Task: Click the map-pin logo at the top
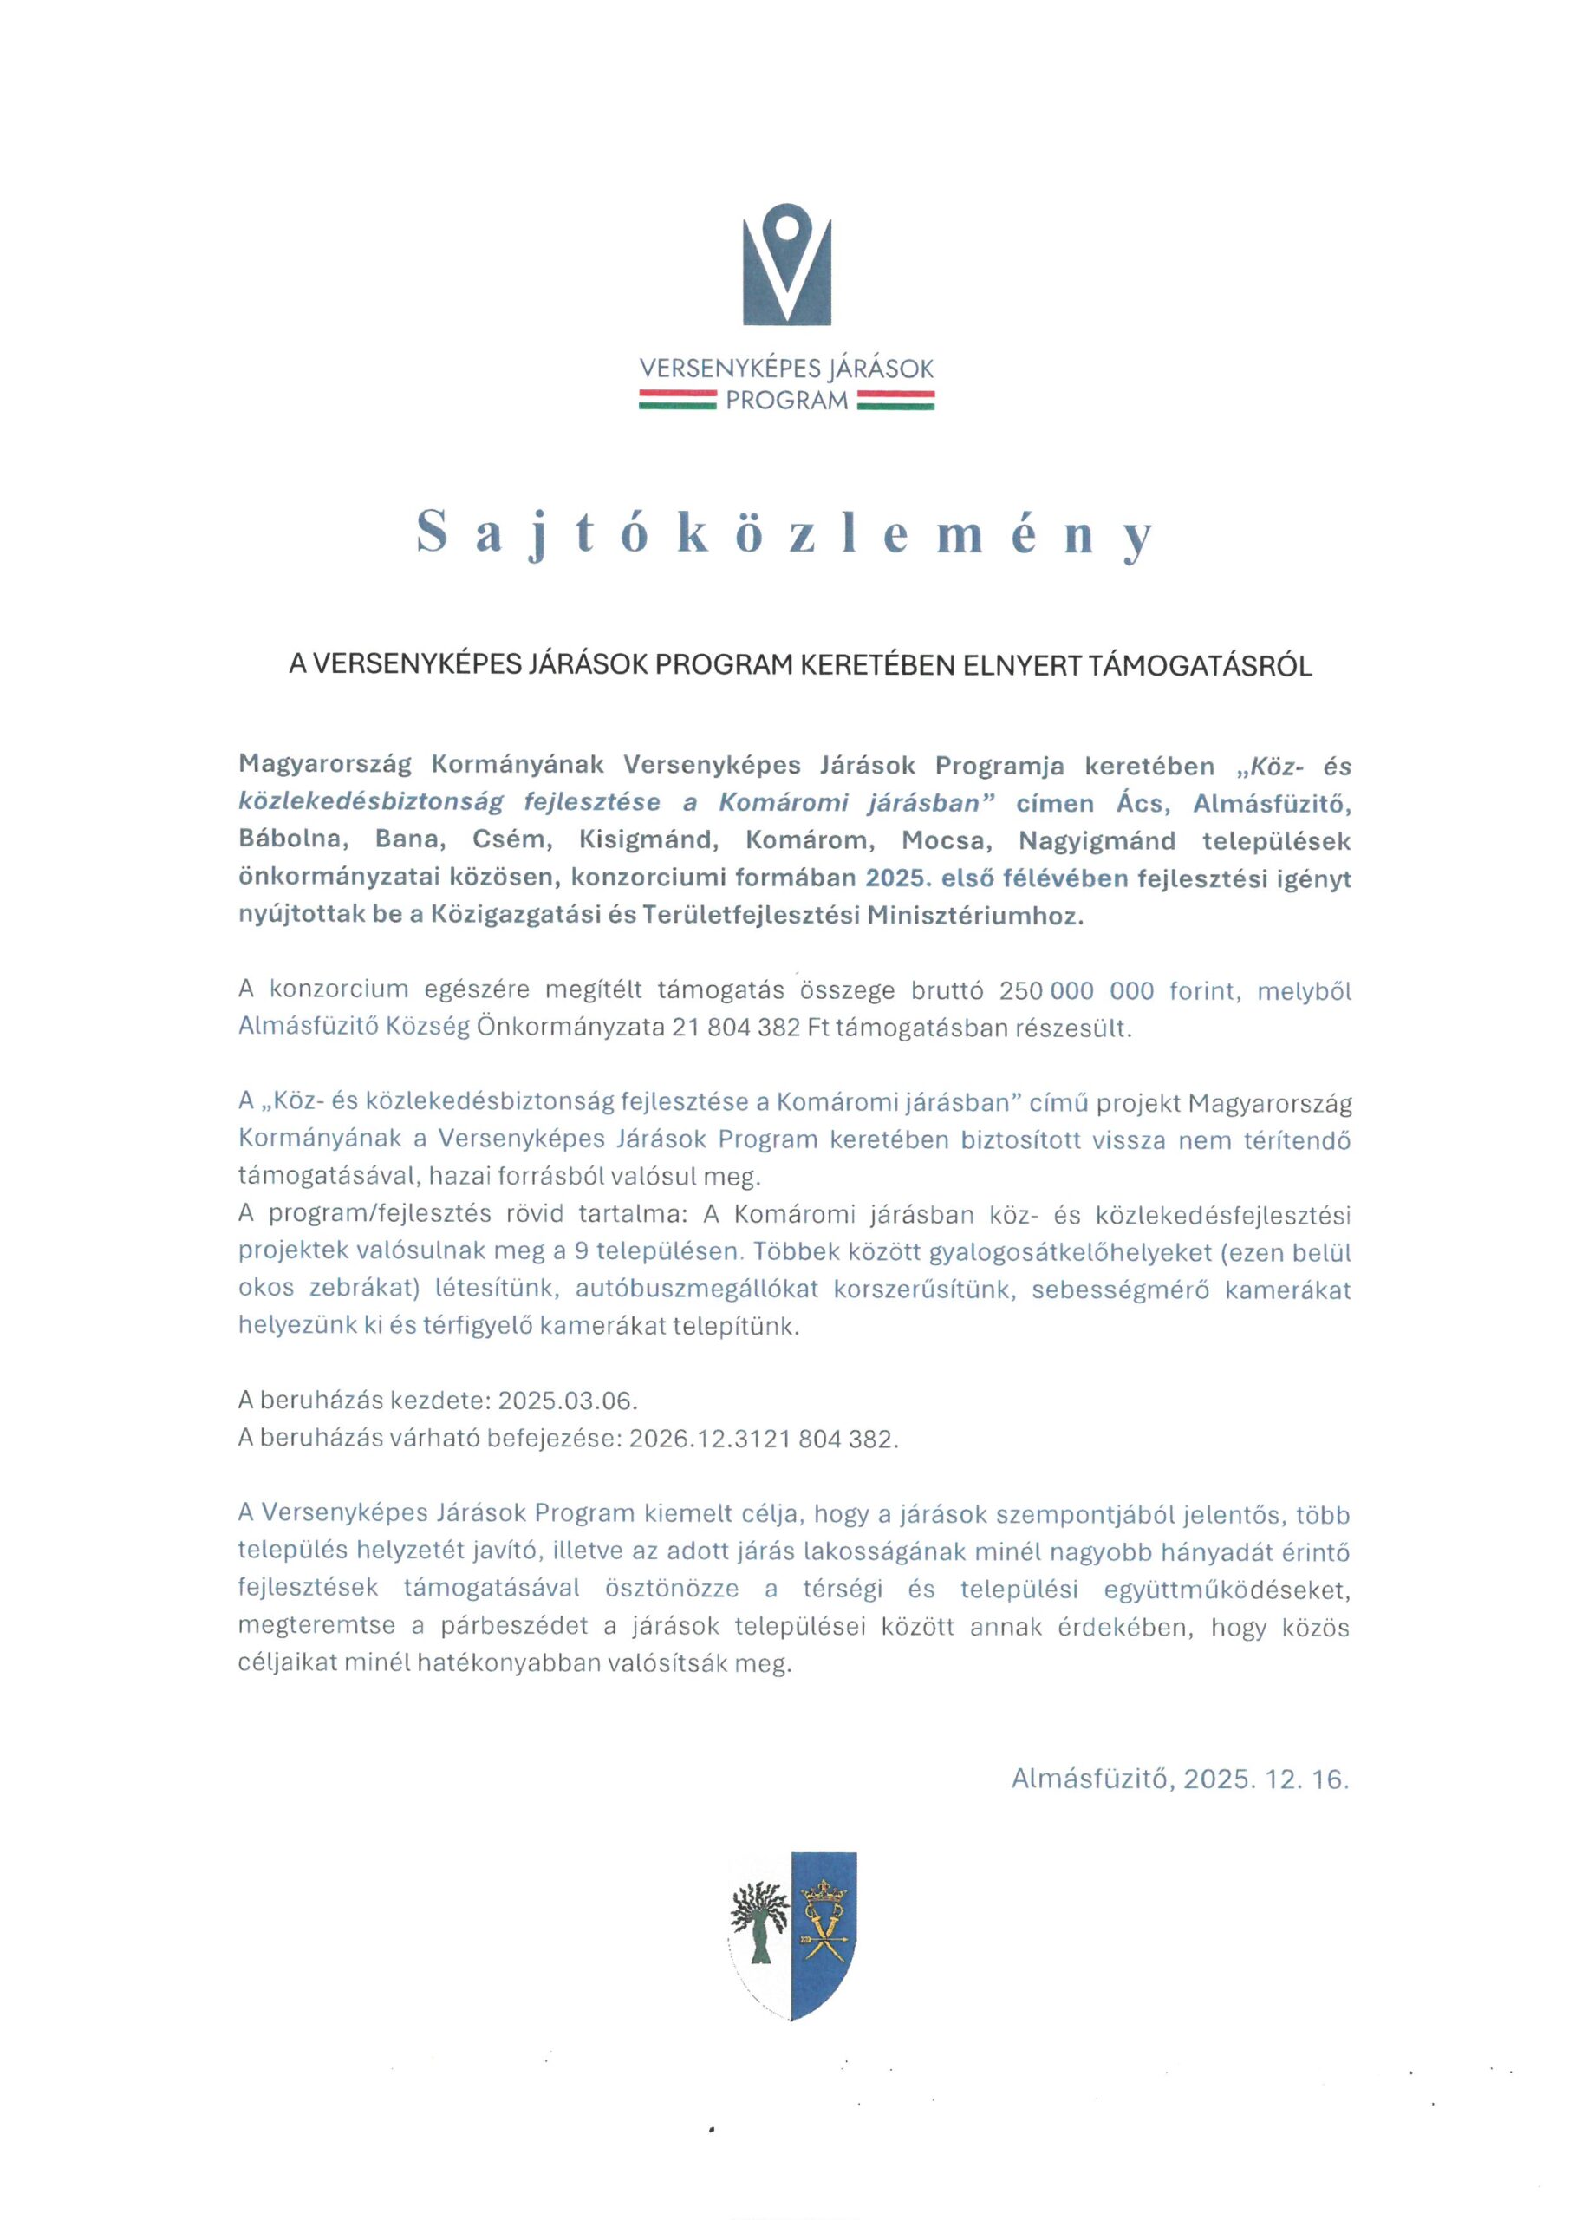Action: [786, 264]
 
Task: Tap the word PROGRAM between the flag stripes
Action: [786, 401]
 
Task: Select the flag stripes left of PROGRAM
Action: [676, 401]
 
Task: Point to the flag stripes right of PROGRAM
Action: [895, 401]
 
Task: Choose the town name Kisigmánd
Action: [648, 840]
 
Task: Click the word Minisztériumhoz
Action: [974, 916]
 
